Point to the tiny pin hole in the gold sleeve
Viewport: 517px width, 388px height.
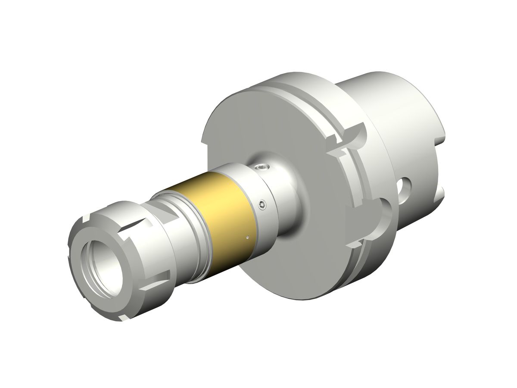tap(247, 236)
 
